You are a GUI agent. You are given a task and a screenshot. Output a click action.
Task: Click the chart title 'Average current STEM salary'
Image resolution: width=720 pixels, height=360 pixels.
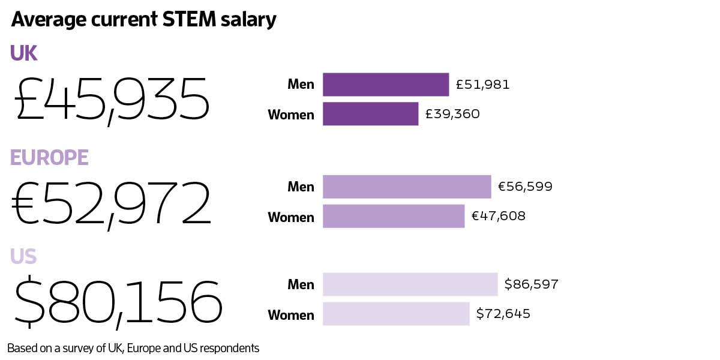143,20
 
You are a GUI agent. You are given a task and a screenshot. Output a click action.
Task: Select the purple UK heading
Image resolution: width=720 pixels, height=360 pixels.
23,54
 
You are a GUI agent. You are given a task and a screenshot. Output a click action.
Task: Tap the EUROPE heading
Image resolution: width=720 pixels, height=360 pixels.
49,157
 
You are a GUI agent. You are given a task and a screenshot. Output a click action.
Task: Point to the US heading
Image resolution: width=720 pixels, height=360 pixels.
23,256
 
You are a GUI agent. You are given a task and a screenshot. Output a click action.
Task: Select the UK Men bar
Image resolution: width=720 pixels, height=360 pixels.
386,85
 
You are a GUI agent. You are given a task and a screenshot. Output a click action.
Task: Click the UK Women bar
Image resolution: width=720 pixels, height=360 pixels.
370,114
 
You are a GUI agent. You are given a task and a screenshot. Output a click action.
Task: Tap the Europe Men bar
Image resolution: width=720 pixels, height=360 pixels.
407,187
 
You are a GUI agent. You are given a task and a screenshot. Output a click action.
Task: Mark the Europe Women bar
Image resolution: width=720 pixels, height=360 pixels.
394,217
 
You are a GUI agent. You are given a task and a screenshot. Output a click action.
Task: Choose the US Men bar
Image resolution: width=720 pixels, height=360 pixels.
410,284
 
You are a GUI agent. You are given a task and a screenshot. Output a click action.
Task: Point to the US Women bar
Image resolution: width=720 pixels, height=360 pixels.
396,314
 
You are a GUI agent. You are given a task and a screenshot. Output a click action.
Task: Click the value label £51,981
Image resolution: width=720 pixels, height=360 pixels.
483,85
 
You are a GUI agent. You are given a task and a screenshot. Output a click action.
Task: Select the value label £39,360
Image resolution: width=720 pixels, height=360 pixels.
452,114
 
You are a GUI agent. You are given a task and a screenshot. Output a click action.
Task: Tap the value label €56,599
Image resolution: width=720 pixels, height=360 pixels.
525,187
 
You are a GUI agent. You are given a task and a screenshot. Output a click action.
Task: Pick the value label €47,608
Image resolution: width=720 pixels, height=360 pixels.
499,217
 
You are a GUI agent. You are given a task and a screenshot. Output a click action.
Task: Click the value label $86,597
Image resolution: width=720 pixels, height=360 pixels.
532,284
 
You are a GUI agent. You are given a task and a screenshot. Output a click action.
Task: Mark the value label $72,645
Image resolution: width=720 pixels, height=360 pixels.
503,314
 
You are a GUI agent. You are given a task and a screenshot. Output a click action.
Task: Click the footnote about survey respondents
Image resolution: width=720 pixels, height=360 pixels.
133,348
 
